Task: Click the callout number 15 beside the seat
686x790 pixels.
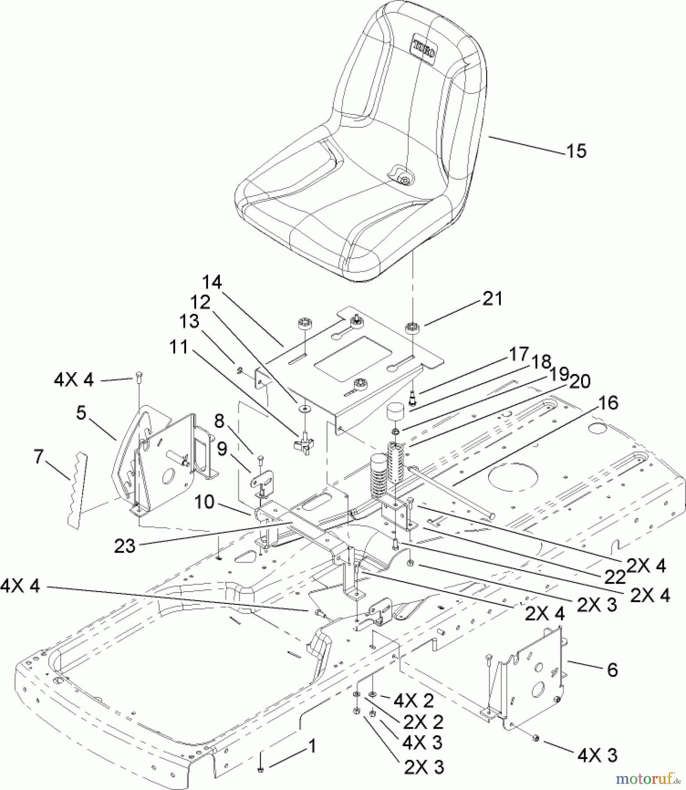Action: [576, 151]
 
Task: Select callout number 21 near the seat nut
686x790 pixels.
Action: [492, 299]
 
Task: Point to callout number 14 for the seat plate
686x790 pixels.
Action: [212, 282]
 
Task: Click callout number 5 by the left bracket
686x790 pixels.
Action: [81, 413]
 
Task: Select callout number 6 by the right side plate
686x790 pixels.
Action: [612, 670]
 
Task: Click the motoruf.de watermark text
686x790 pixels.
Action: [645, 779]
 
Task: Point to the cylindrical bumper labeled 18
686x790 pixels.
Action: [395, 413]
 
